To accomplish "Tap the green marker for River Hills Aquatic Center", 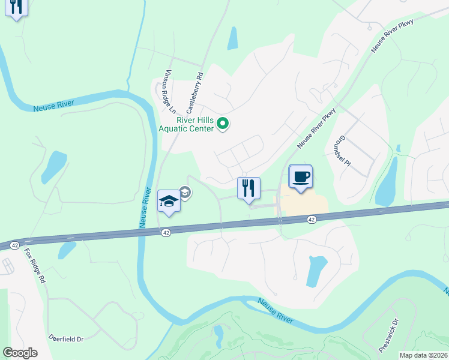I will (x=223, y=124).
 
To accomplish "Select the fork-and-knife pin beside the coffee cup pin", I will (x=248, y=189).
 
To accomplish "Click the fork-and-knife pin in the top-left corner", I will (x=16, y=8).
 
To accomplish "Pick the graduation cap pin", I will (x=169, y=202).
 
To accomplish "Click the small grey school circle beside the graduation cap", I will (x=185, y=193).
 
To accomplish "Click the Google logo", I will (x=20, y=352).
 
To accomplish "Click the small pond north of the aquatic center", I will (x=232, y=38).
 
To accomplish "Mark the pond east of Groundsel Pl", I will (x=387, y=182).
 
